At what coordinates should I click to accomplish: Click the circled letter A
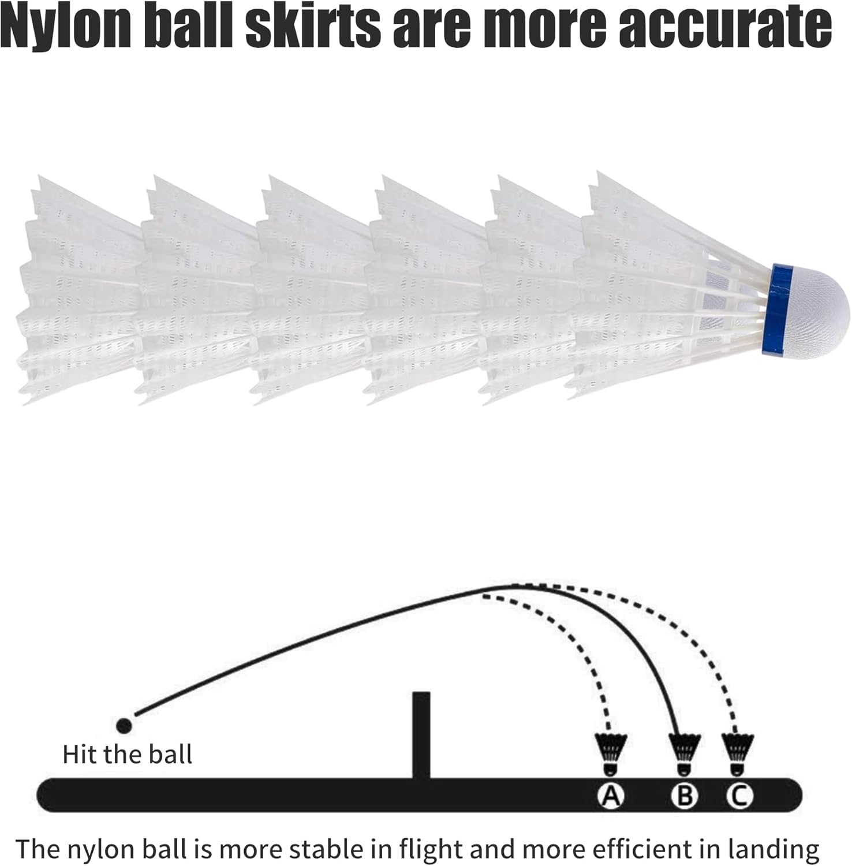click(610, 796)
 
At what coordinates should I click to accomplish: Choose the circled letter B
click(684, 796)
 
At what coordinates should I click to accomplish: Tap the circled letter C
click(739, 796)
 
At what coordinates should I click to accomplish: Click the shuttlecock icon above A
click(610, 753)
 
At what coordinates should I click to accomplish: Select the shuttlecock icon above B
click(684, 753)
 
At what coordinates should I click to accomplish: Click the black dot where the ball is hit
click(124, 725)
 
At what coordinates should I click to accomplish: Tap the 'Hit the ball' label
click(127, 755)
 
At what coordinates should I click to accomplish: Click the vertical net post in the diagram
click(421, 735)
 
